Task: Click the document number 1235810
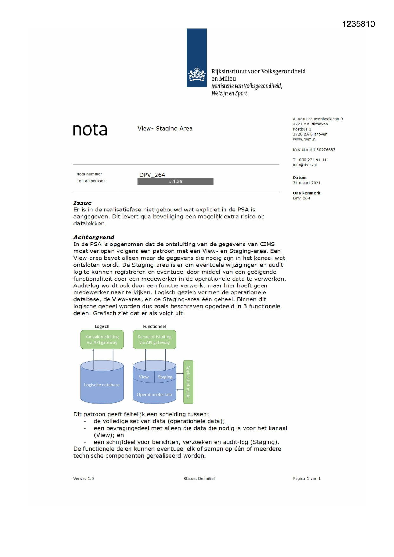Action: pos(358,24)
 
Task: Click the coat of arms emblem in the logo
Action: pos(197,74)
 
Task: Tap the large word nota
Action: pos(90,130)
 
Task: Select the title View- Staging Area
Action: pos(165,128)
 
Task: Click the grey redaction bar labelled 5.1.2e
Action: pos(175,182)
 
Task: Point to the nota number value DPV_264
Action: pos(152,175)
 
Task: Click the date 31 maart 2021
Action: pos(307,183)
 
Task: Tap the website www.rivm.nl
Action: pos(304,139)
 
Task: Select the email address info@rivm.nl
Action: pos(304,165)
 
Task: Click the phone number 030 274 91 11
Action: pos(312,160)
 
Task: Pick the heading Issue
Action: pos(83,203)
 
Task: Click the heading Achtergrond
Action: pos(94,237)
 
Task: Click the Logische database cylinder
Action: pos(102,385)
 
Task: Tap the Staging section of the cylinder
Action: pos(165,377)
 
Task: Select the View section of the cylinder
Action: pos(144,377)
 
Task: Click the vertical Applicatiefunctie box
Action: pos(188,382)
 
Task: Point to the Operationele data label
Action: pos(154,395)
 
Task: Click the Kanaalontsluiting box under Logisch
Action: pos(102,339)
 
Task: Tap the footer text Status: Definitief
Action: pos(199,478)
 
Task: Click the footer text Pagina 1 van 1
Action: pos(307,478)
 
